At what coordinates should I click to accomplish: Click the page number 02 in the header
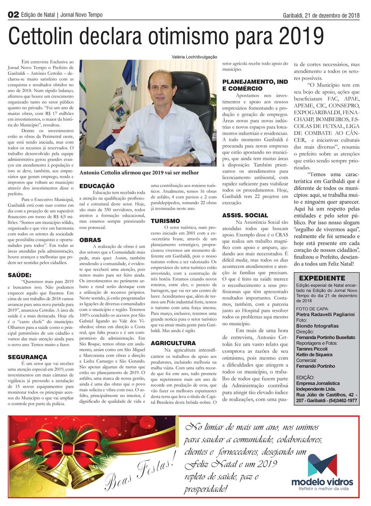(13, 15)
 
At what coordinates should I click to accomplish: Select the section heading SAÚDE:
(20, 275)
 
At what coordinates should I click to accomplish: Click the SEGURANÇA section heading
(27, 357)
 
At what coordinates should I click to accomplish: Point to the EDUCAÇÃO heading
(97, 186)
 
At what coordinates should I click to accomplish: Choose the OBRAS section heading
(90, 240)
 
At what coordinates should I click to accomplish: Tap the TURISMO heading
(165, 221)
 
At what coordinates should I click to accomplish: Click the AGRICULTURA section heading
(173, 343)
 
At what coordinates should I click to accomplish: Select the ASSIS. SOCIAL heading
(245, 215)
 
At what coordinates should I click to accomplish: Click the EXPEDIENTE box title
(322, 278)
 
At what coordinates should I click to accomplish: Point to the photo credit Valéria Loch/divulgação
(194, 57)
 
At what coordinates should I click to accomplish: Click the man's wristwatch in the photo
(193, 157)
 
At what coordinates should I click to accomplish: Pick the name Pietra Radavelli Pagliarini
(325, 315)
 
